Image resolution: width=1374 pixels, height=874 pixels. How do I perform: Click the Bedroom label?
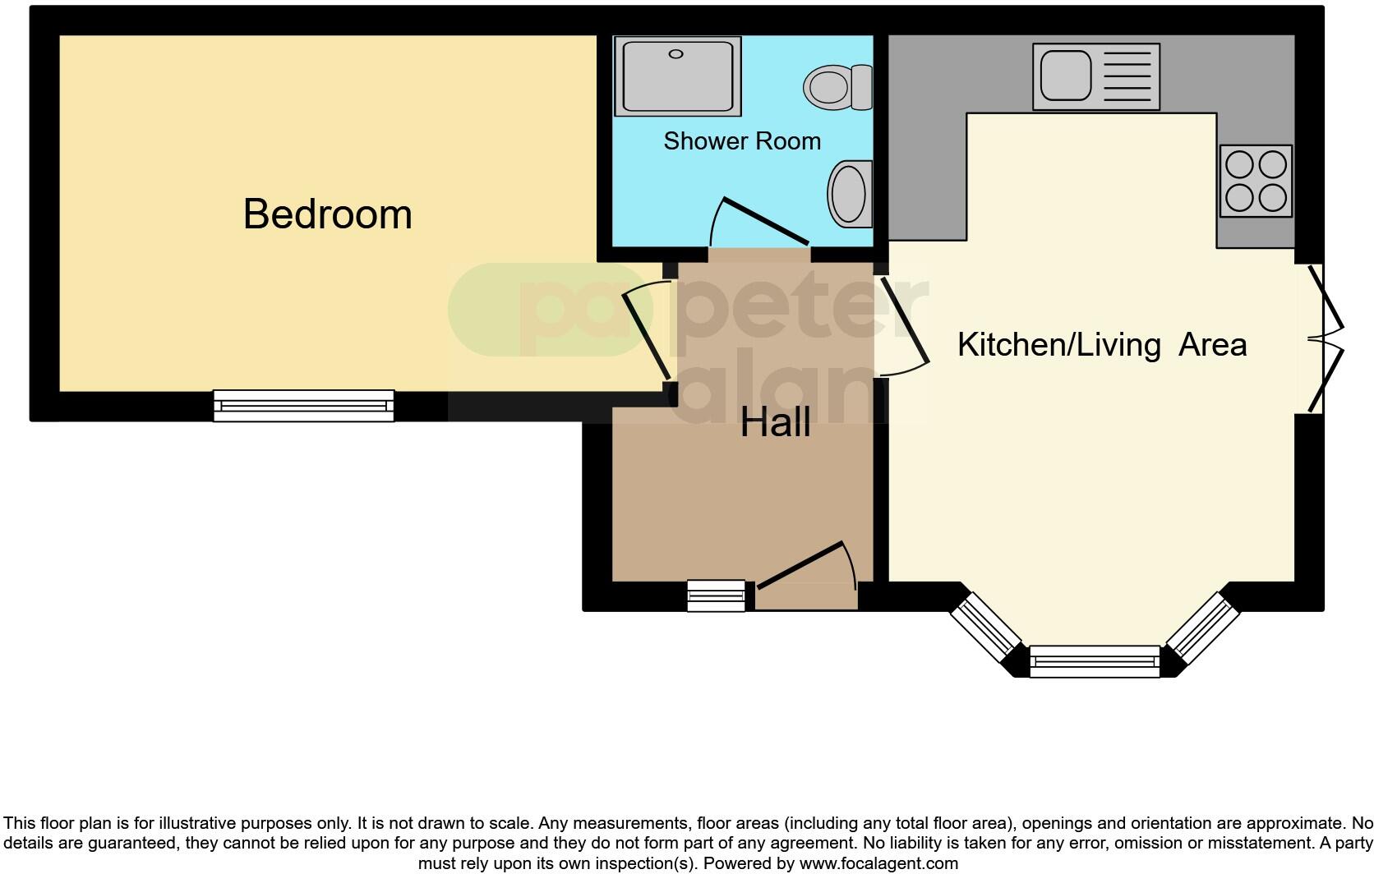327,214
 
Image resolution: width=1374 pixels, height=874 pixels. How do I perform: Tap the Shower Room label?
742,141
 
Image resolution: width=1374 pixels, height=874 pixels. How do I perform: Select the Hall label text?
775,423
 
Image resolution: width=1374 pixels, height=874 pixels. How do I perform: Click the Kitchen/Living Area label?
1101,344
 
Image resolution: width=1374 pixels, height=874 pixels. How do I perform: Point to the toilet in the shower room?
837,87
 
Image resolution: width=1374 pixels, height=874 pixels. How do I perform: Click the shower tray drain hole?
675,54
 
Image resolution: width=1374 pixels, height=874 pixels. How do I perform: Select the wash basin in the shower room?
850,194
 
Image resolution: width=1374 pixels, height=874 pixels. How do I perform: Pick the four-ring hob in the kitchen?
1255,181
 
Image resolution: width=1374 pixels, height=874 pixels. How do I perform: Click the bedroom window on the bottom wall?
303,406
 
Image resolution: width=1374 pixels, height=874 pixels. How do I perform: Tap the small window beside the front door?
716,596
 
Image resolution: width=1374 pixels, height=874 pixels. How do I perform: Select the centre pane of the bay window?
1094,661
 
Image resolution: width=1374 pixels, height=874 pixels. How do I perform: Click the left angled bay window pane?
986,628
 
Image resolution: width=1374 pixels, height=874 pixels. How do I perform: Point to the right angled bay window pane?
1202,628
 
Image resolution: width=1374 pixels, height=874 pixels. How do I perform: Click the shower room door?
764,222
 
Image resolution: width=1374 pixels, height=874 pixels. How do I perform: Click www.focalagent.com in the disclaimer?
878,863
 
